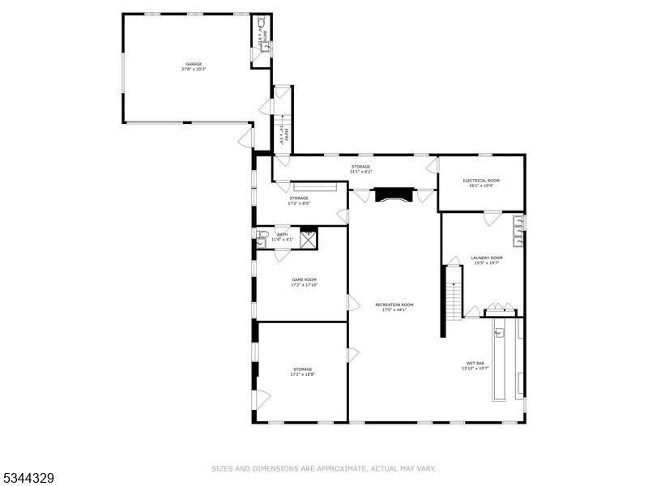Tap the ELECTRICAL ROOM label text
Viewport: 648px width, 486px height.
click(481, 181)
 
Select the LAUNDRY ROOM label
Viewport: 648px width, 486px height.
click(487, 258)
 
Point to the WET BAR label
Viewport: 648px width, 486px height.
click(475, 363)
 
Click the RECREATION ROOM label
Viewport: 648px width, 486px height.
click(394, 305)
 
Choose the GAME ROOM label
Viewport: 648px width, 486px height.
click(305, 280)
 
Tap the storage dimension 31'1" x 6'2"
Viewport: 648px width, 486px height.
click(360, 172)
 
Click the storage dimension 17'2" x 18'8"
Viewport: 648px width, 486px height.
click(302, 374)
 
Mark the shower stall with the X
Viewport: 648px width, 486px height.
click(309, 239)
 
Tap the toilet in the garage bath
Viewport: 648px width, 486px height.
click(262, 23)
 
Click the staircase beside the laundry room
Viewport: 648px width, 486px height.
click(454, 292)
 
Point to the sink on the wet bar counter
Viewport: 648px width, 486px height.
click(498, 332)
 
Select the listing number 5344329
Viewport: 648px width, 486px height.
click(28, 478)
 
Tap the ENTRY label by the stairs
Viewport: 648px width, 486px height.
click(282, 134)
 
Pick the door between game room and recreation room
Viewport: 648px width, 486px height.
click(352, 303)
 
